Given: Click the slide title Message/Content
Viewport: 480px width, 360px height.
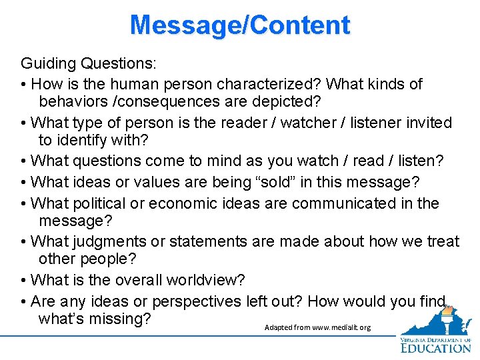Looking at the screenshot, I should click(x=240, y=25).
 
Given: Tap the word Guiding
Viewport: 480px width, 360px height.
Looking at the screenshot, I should click(x=47, y=64).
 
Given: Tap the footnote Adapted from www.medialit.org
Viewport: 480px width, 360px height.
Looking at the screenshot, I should click(x=317, y=328).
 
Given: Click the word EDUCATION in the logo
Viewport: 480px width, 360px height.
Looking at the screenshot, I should click(x=436, y=347).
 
